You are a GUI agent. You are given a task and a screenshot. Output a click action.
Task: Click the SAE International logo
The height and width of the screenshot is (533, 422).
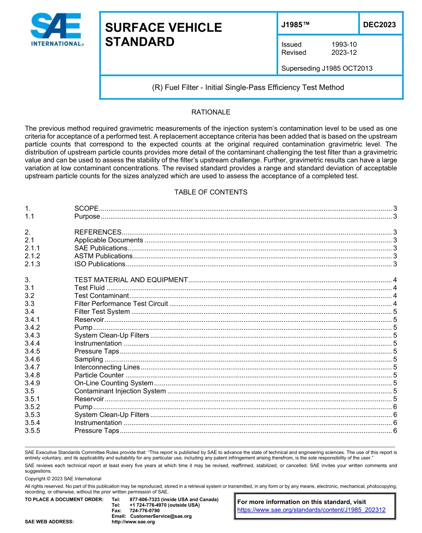pyautogui.click(x=57, y=29)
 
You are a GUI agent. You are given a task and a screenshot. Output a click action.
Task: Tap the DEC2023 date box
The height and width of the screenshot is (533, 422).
pyautogui.click(x=379, y=25)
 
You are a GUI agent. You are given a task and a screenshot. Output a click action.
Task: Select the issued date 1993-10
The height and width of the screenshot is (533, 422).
pyautogui.click(x=344, y=44)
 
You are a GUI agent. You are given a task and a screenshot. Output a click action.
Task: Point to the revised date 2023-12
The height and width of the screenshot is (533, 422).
pyautogui.click(x=344, y=52)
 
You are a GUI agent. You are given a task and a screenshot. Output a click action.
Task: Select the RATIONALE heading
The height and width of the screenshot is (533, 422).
pyautogui.click(x=211, y=112)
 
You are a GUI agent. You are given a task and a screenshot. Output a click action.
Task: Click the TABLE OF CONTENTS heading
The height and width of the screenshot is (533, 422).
pyautogui.click(x=211, y=192)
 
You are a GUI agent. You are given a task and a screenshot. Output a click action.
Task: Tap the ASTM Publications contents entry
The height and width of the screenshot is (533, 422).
pyautogui.click(x=103, y=256)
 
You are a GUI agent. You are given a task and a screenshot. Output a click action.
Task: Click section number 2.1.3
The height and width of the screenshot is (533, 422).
pyautogui.click(x=32, y=264)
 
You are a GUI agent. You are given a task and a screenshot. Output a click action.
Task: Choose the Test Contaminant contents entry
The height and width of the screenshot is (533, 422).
pyautogui.click(x=101, y=296)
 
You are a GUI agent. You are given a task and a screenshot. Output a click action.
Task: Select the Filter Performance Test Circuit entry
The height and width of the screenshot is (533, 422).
pyautogui.click(x=121, y=304)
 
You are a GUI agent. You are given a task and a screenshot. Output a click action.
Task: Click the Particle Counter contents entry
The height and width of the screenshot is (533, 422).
pyautogui.click(x=99, y=375)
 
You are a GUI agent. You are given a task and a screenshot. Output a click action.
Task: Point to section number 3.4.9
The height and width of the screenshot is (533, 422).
pyautogui.click(x=32, y=383)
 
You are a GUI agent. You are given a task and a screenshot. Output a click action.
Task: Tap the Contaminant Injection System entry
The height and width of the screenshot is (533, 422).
pyautogui.click(x=120, y=391)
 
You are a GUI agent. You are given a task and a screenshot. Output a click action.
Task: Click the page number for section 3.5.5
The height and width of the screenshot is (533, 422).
pyautogui.click(x=395, y=431)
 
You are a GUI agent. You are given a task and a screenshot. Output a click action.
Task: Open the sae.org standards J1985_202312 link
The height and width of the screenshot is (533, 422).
pyautogui.click(x=311, y=510)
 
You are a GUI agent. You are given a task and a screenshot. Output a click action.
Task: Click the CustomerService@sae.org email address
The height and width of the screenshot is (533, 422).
pyautogui.click(x=160, y=516)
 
